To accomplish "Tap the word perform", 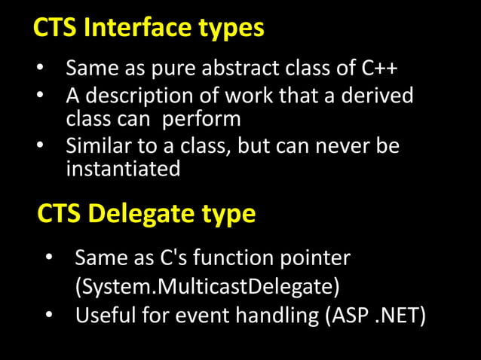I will tap(202, 120).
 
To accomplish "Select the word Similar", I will tap(98, 145).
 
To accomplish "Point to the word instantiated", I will tap(123, 168).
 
